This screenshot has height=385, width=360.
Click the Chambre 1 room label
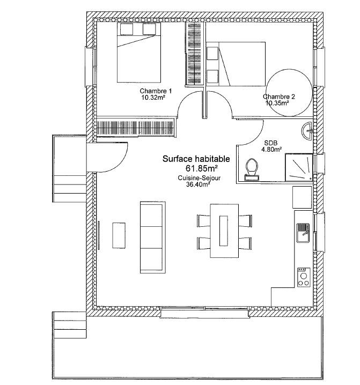pyautogui.click(x=156, y=91)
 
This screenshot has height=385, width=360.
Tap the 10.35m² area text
pyautogui.click(x=277, y=103)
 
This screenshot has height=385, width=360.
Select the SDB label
pyautogui.click(x=271, y=143)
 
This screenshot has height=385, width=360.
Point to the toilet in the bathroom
pyautogui.click(x=252, y=169)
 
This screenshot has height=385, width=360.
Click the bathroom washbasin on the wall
pyautogui.click(x=307, y=131)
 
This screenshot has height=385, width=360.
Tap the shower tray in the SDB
pyautogui.click(x=299, y=168)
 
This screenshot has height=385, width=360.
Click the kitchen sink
pyautogui.click(x=303, y=233)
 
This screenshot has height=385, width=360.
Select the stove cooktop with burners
pyautogui.click(x=304, y=277)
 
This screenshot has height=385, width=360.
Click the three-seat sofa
pyautogui.click(x=152, y=238)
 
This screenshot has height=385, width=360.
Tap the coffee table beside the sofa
pyautogui.click(x=119, y=235)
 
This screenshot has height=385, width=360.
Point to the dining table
pyautogui.click(x=224, y=231)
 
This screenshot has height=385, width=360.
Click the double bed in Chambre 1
pyautogui.click(x=139, y=53)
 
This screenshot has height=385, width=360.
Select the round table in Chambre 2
pyautogui.click(x=289, y=93)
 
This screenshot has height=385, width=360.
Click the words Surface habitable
pyautogui.click(x=196, y=159)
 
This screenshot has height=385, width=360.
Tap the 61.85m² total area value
pyautogui.click(x=202, y=168)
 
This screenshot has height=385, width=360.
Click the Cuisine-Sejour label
pyautogui.click(x=199, y=178)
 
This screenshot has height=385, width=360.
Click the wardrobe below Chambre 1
pyautogui.click(x=135, y=127)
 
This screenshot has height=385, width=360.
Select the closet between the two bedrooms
pyautogui.click(x=194, y=54)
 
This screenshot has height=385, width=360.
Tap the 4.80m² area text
pyautogui.click(x=271, y=149)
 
